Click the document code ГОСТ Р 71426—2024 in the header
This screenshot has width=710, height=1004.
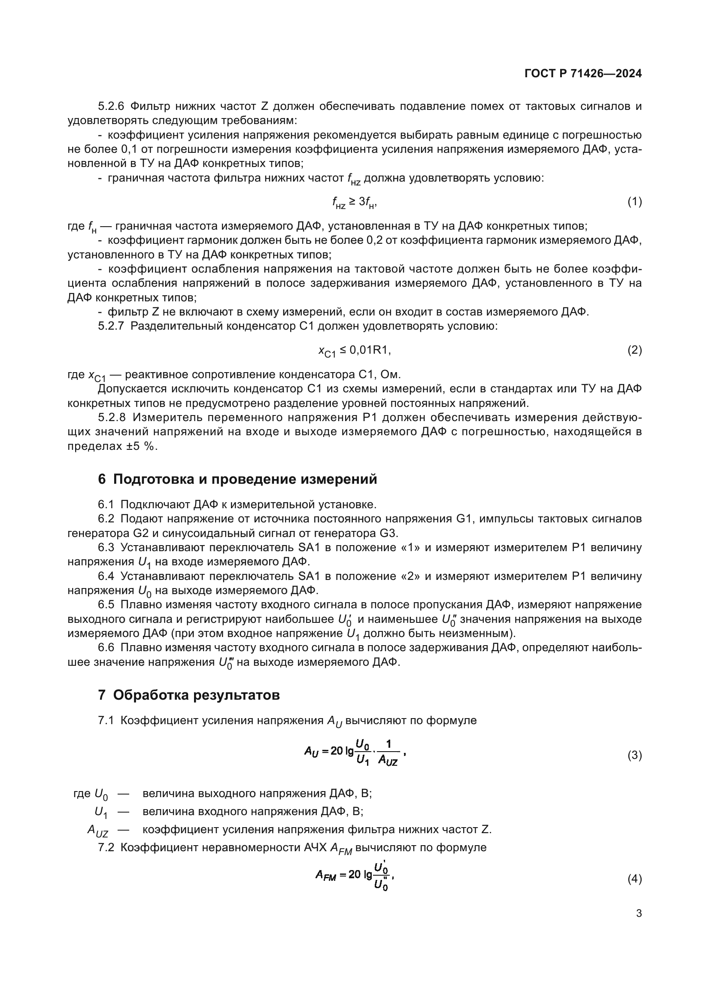[x=583, y=73]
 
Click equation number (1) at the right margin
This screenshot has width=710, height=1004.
[x=634, y=202]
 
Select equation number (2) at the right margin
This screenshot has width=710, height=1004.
[x=634, y=350]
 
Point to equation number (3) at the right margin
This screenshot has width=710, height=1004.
[x=634, y=755]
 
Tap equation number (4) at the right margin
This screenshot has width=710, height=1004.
[x=634, y=879]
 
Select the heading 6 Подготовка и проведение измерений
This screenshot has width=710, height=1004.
[x=237, y=479]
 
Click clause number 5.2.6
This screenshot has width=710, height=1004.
[x=112, y=106]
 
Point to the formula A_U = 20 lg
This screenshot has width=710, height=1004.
[x=355, y=752]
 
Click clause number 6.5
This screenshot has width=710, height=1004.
[x=106, y=605]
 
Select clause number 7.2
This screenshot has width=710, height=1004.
[x=106, y=847]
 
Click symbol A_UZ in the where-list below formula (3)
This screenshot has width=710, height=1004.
[x=98, y=830]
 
